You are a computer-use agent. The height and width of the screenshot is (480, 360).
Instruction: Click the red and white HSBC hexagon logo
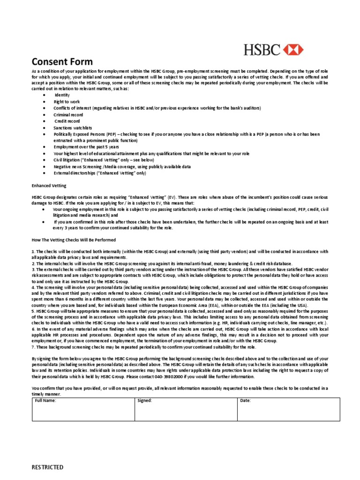(293, 49)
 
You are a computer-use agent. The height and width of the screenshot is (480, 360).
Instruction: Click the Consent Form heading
(62, 61)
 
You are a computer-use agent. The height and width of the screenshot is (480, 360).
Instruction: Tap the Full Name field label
(45, 401)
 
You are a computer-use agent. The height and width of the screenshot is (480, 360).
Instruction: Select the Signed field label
(144, 401)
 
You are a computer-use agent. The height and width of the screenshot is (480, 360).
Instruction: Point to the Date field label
(245, 401)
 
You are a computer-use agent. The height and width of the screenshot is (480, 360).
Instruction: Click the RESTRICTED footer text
(47, 467)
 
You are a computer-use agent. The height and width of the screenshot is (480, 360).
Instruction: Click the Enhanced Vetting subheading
(49, 186)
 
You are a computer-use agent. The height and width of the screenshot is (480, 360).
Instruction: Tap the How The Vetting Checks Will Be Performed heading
(73, 240)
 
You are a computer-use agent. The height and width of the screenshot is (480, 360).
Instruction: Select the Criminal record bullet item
(68, 114)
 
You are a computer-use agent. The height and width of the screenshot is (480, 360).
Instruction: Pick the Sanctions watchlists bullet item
(73, 127)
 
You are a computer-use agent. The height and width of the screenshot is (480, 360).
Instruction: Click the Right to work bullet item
(67, 102)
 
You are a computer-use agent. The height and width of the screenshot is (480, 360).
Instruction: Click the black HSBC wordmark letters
(262, 49)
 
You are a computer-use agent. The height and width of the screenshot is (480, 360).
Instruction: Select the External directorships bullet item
(99, 173)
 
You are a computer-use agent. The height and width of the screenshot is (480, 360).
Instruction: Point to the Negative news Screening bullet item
(122, 166)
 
